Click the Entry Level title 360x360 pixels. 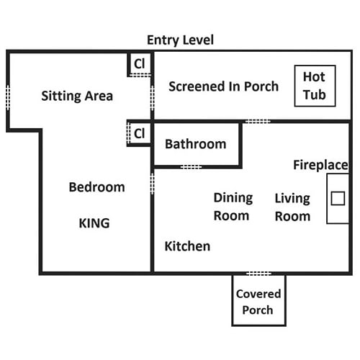(180, 40)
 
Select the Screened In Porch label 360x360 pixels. (223, 86)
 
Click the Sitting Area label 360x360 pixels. (77, 96)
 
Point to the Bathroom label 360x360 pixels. (196, 144)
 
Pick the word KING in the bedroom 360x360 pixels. (94, 223)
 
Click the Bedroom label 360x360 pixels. (96, 187)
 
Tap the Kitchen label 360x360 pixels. (187, 246)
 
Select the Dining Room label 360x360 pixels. (233, 207)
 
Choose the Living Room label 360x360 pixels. (292, 207)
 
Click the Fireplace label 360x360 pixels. (320, 165)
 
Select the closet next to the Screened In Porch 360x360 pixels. (140, 64)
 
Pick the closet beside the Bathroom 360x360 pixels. (139, 133)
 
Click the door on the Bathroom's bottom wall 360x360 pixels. (191, 167)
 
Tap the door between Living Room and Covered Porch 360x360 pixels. (258, 274)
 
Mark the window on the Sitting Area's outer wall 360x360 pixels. (8, 97)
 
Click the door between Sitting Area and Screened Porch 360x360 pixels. (152, 98)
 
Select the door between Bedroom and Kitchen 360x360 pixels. (152, 184)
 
